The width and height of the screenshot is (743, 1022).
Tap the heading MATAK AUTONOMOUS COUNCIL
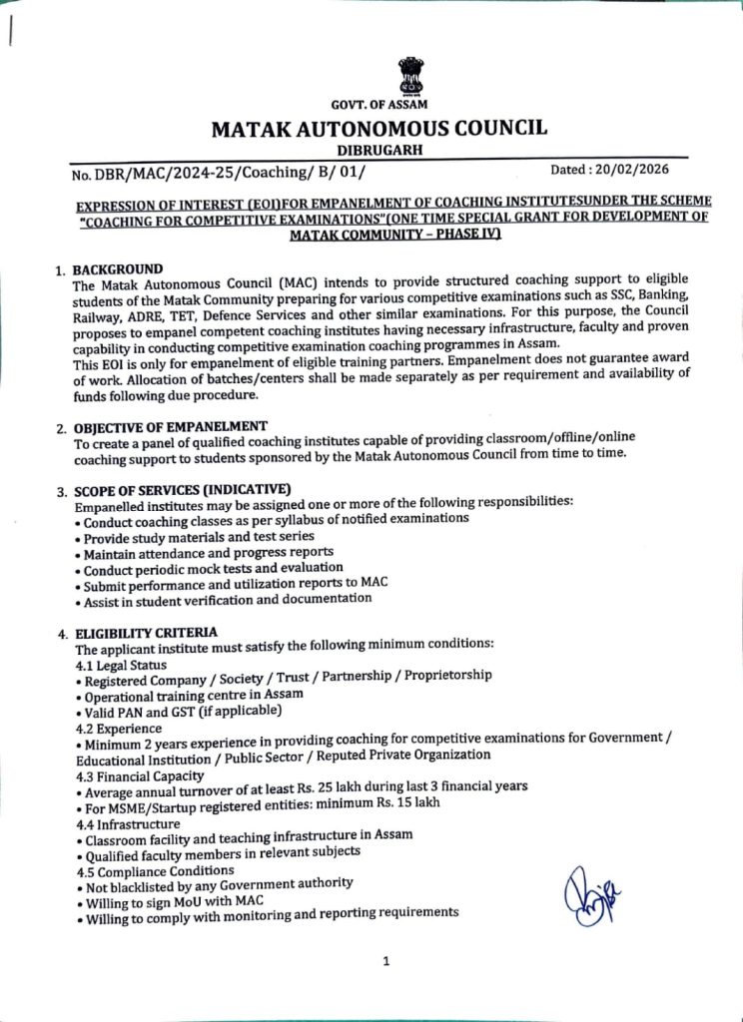pos(378,128)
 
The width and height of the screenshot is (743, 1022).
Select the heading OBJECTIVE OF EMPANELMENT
pos(171,426)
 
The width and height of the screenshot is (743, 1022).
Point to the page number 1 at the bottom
pos(385,961)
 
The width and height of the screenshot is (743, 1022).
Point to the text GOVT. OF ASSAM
pos(378,106)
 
